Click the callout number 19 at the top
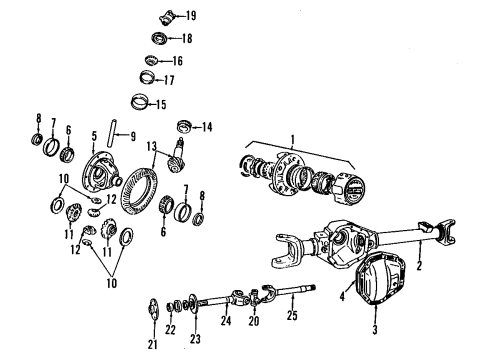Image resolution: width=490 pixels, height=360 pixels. [190, 16]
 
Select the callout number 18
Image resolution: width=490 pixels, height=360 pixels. [187, 39]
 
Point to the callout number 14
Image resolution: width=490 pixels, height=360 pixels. [206, 126]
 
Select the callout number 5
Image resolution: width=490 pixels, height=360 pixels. [93, 134]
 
